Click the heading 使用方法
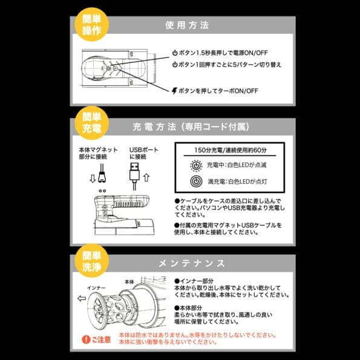187,25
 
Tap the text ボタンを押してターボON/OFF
215,91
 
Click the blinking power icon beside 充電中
196,164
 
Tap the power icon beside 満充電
196,181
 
